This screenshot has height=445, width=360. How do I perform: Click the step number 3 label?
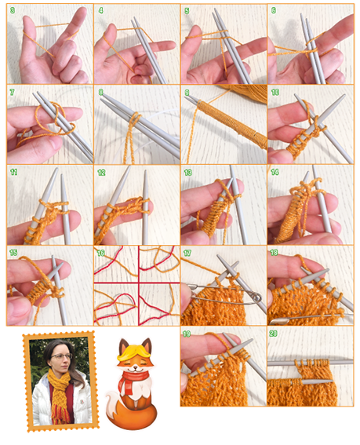pyautogui.click(x=13, y=10)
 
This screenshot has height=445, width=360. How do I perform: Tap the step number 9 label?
pyautogui.click(x=187, y=93)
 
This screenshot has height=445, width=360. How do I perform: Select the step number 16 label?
pyautogui.click(x=101, y=253)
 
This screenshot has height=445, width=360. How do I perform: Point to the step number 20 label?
pyautogui.click(x=274, y=334)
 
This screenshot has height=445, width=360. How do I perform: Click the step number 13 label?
pyautogui.click(x=187, y=172)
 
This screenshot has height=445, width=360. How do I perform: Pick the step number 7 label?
pyautogui.click(x=12, y=92)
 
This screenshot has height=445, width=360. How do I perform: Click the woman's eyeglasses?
pyautogui.click(x=61, y=356)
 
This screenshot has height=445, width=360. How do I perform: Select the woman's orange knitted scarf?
pyautogui.click(x=60, y=396)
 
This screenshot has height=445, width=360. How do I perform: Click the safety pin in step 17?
pyautogui.click(x=227, y=294)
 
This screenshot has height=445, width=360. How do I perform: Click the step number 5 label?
pyautogui.click(x=187, y=11)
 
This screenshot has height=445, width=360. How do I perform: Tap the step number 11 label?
pyautogui.click(x=13, y=172)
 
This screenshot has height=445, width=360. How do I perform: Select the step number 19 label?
pyautogui.click(x=187, y=334)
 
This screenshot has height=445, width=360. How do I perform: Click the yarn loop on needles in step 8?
pyautogui.click(x=136, y=117)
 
